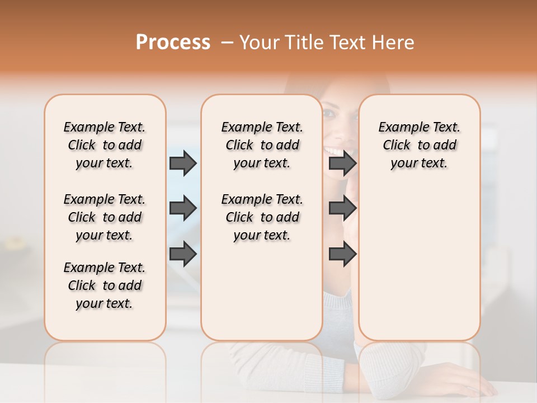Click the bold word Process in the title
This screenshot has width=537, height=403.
pyautogui.click(x=173, y=42)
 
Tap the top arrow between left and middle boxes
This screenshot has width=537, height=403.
pyautogui.click(x=183, y=163)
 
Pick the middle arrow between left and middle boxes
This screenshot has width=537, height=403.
pyautogui.click(x=183, y=208)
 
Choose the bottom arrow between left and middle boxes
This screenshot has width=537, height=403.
pyautogui.click(x=183, y=254)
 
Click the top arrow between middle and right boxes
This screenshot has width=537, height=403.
pyautogui.click(x=342, y=163)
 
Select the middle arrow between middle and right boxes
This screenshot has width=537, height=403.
pyautogui.click(x=342, y=208)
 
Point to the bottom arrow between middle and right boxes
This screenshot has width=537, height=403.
pyautogui.click(x=342, y=254)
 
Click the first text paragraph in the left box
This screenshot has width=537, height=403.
pyautogui.click(x=105, y=145)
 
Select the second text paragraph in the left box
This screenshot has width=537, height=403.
pyautogui.click(x=105, y=217)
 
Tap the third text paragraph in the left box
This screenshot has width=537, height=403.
pyautogui.click(x=105, y=285)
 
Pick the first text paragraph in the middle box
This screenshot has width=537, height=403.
pyautogui.click(x=262, y=145)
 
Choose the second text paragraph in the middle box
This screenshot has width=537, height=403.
pyautogui.click(x=262, y=217)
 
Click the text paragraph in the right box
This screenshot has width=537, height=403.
pyautogui.click(x=419, y=145)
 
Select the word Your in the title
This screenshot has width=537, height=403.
pyautogui.click(x=256, y=42)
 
